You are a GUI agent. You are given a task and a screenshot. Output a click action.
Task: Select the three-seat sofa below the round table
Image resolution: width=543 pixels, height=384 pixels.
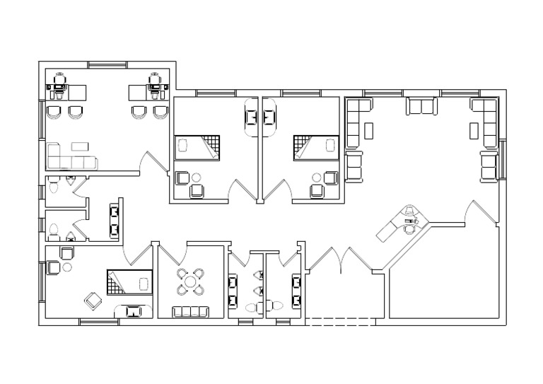click(x=191, y=311)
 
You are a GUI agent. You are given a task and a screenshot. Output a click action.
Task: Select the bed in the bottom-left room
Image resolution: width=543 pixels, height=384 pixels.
click(x=130, y=281)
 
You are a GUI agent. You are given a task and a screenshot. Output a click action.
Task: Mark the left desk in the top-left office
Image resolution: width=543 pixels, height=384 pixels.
click(x=68, y=91)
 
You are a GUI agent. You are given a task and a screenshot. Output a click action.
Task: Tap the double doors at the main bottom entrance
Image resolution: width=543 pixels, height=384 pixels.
click(x=343, y=261)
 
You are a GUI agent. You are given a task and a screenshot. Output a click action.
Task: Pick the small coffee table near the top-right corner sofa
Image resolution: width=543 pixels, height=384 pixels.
click(x=474, y=130)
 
